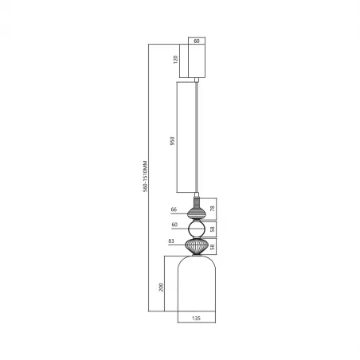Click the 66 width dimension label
tap(173, 210)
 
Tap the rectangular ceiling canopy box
tap(197, 61)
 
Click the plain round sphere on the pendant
tap(197, 229)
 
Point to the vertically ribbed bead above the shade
tap(197, 245)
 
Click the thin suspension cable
tap(197, 135)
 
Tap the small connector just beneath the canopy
tap(197, 79)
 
